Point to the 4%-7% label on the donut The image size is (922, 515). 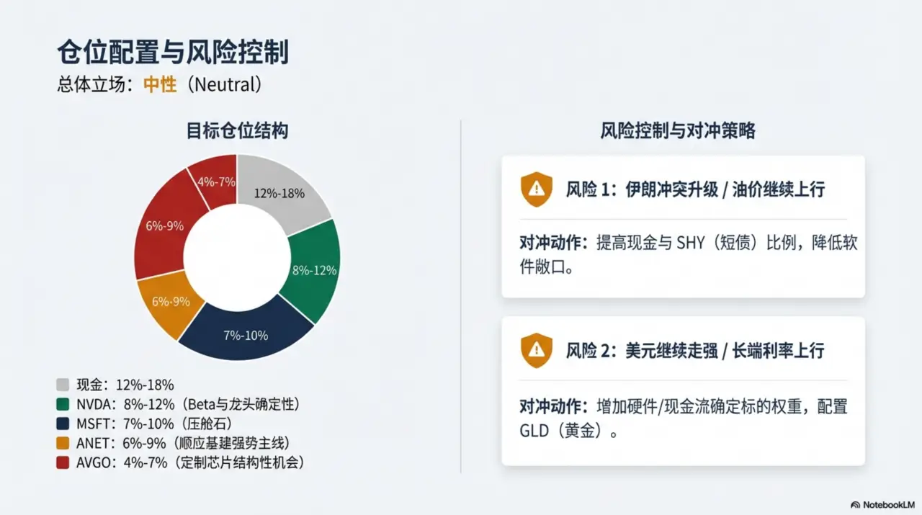[216, 182]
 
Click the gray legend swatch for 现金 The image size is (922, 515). [63, 385]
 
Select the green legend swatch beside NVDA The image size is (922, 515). [63, 404]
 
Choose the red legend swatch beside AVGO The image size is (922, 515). [63, 462]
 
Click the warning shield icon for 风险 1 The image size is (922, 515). [537, 189]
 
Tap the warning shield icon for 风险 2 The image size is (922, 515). [537, 350]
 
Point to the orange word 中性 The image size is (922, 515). [160, 84]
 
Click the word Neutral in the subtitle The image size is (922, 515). [223, 84]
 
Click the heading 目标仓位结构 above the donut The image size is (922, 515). [237, 131]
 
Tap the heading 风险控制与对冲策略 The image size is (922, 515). [678, 131]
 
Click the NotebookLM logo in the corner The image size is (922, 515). [882, 505]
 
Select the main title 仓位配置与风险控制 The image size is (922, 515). [173, 53]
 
